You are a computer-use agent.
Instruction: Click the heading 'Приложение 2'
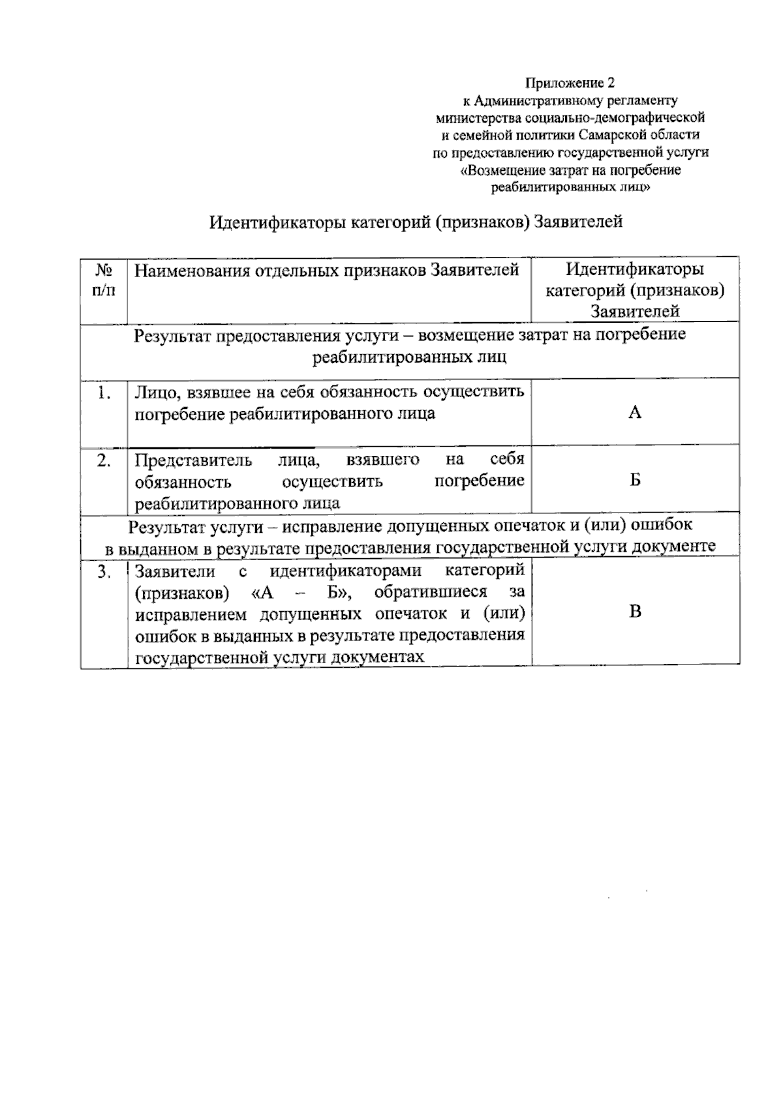point(570,83)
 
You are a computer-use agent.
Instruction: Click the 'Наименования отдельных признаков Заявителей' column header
point(327,270)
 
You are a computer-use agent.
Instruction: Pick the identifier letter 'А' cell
point(635,412)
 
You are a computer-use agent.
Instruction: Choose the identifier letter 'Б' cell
point(635,481)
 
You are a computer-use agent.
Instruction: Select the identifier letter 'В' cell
point(635,611)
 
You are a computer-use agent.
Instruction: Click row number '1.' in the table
point(103,393)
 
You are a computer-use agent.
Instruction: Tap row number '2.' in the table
point(103,460)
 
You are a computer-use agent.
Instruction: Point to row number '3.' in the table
point(103,571)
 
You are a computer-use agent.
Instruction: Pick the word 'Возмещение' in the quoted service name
point(499,170)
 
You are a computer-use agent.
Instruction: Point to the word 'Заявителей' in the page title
point(578,222)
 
